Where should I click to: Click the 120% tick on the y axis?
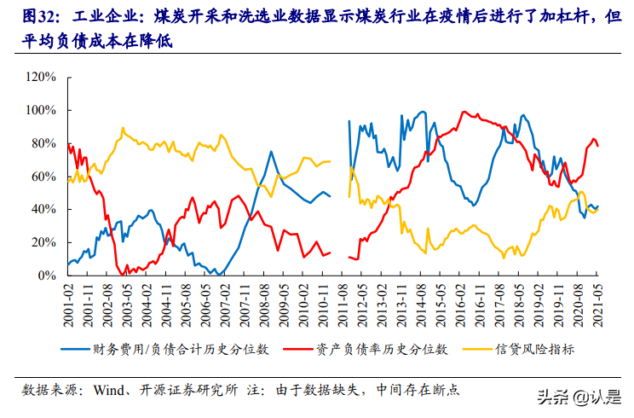40,78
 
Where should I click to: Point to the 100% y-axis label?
40,111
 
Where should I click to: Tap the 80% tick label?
43,143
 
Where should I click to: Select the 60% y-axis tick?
43,177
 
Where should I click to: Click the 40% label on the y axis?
43,210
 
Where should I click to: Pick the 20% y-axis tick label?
43,243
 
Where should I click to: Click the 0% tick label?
46,276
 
